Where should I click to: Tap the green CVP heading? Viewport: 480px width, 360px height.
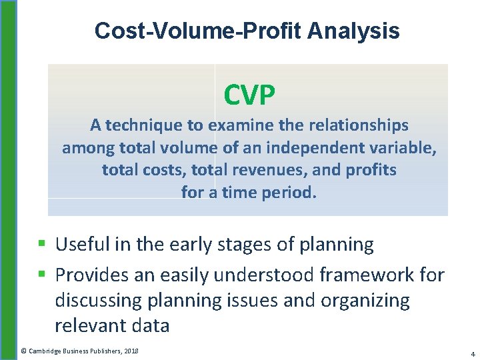coord(249,96)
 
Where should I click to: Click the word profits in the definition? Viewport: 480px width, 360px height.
coord(370,170)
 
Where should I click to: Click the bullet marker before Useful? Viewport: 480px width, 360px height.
coord(41,245)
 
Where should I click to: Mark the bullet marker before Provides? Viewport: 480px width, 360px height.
coord(41,274)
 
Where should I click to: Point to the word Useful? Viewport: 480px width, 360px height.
coord(83,245)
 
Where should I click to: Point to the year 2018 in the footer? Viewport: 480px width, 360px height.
coord(131,351)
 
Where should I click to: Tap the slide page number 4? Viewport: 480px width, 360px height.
coord(472,353)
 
